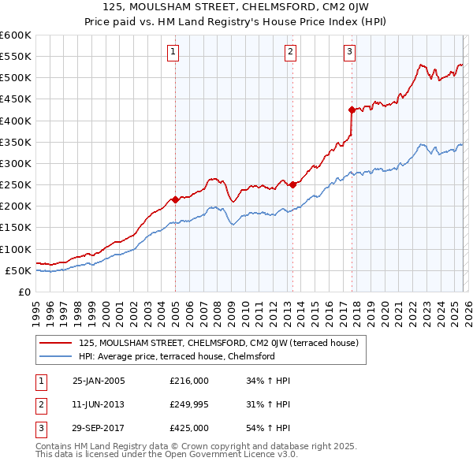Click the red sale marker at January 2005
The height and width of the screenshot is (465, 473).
pos(175,199)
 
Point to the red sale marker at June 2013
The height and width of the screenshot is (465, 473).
pos(292,184)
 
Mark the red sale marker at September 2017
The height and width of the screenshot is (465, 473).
pos(352,110)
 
